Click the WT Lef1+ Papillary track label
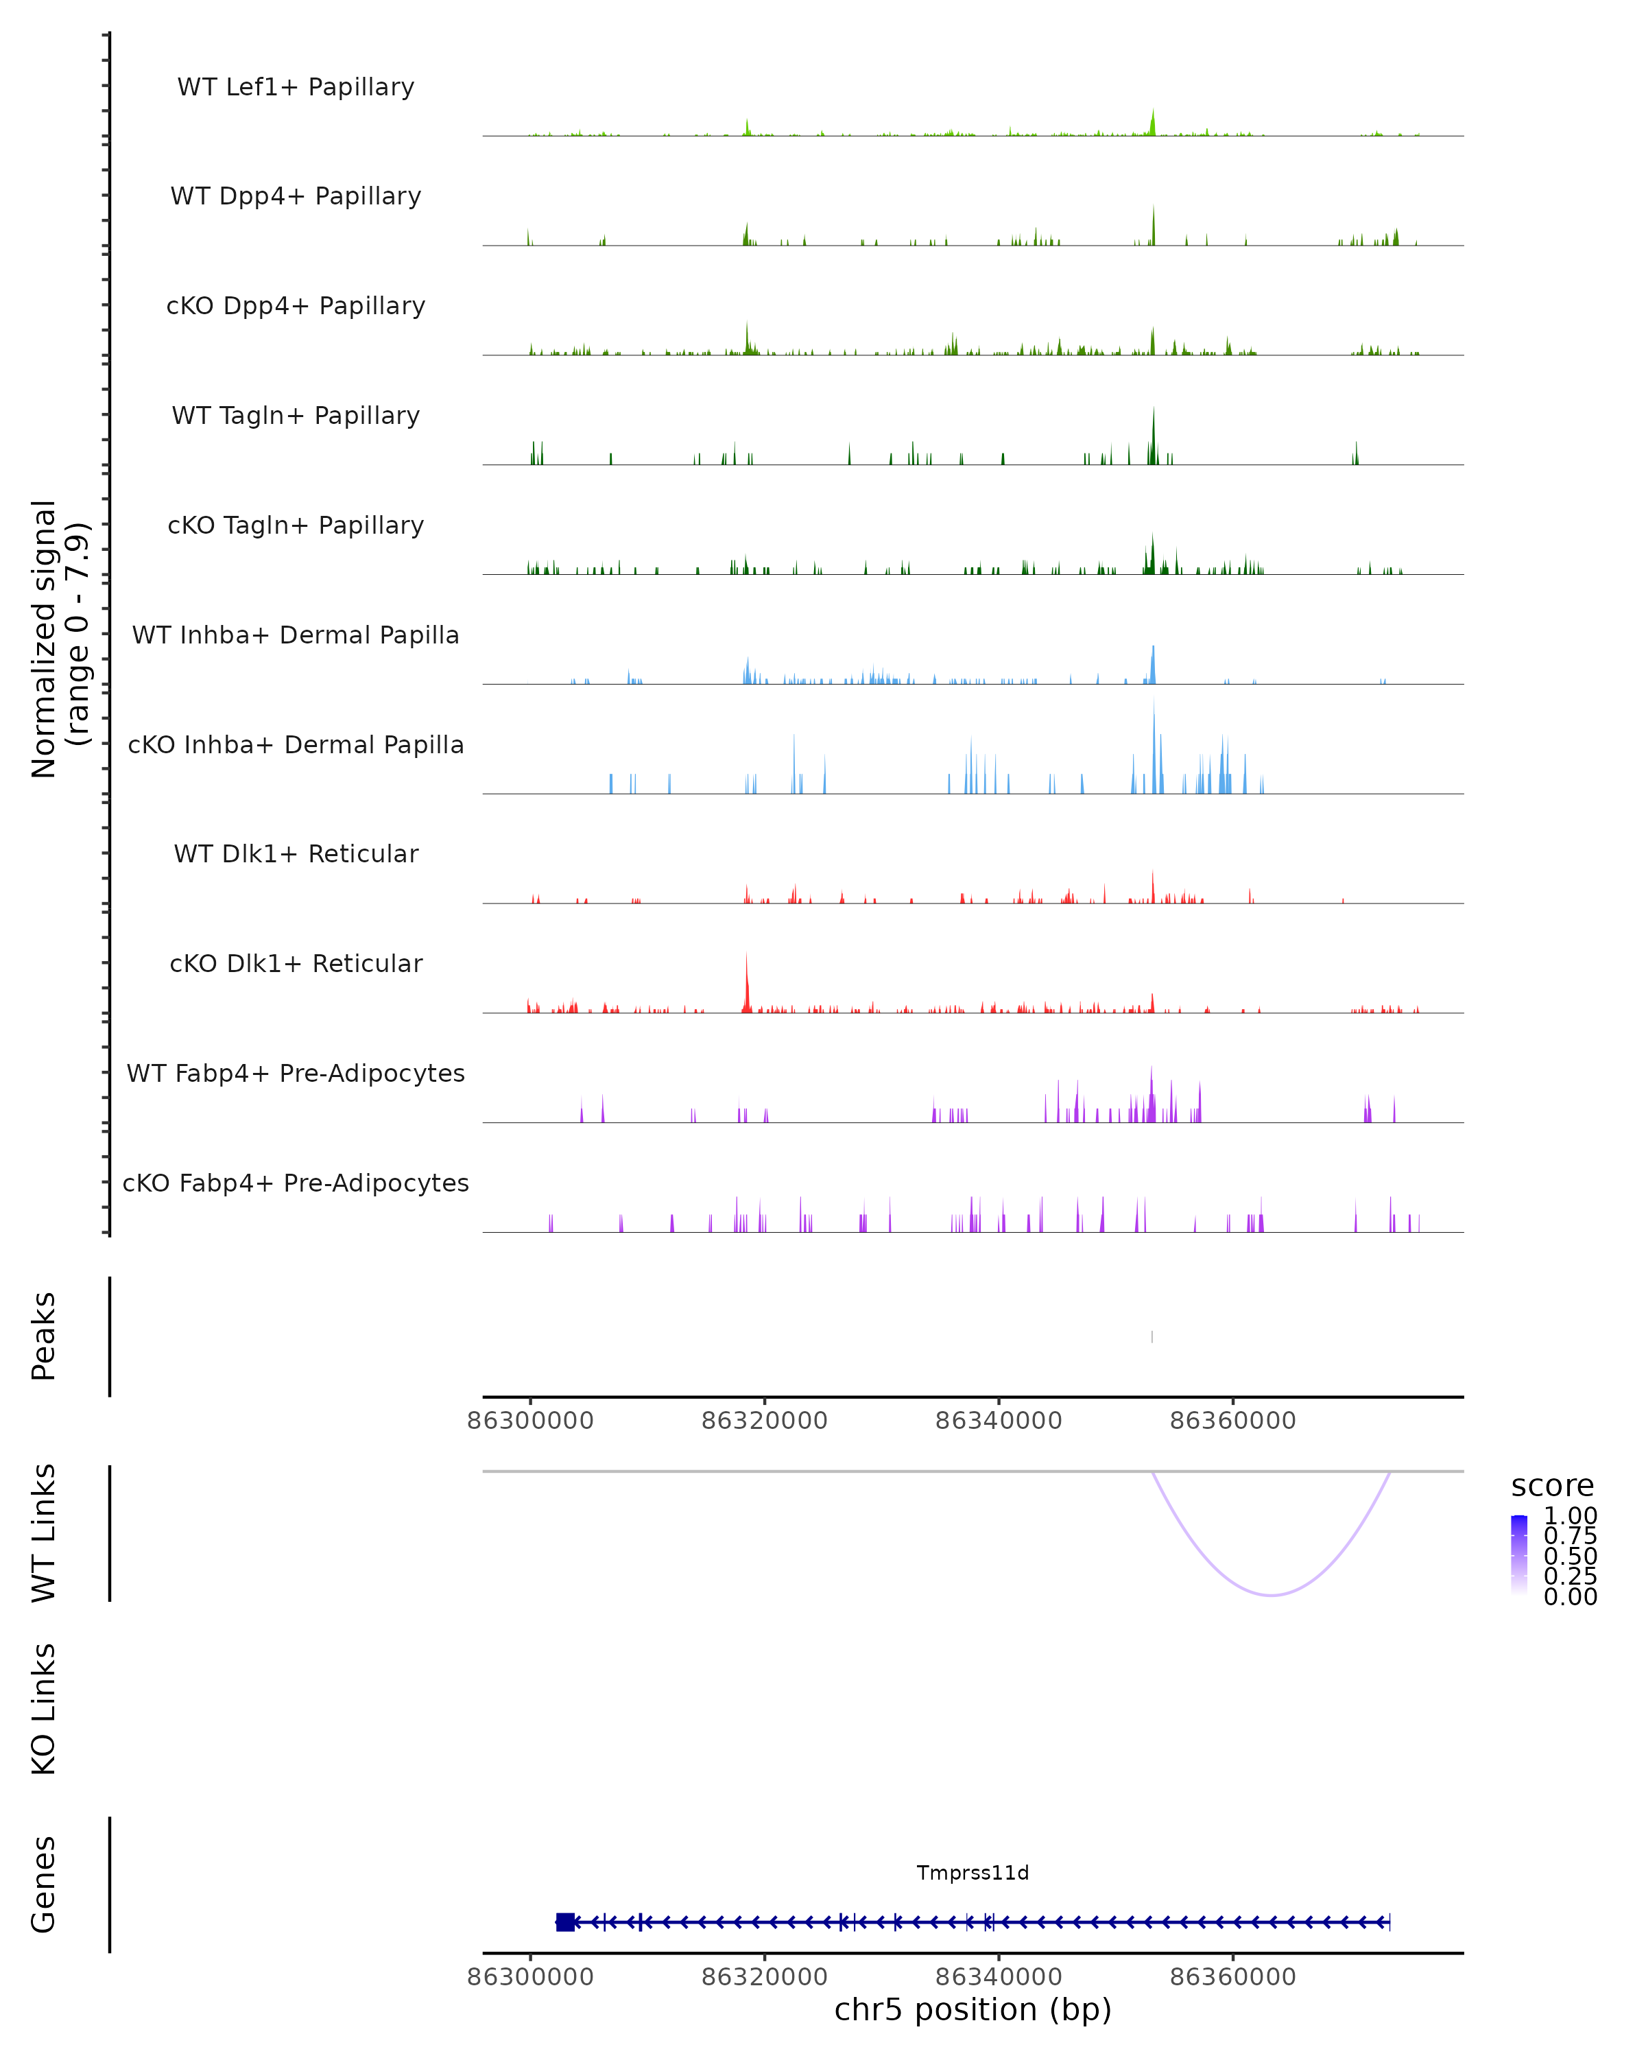(296, 87)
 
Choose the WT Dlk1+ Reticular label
(296, 853)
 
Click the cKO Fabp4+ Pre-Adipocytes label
(296, 1183)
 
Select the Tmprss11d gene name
(973, 1873)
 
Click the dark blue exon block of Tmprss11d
(565, 1921)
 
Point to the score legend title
(1551, 1485)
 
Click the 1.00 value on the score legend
(1570, 1516)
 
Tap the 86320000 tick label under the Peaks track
(764, 1421)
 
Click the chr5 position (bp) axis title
(973, 2010)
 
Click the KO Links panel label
(44, 1709)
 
